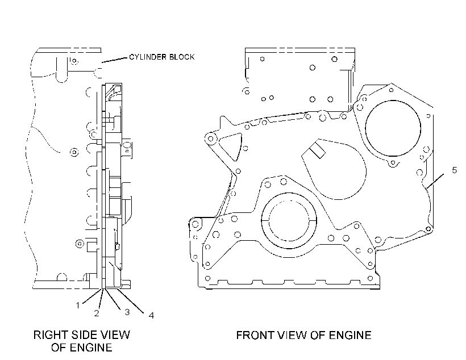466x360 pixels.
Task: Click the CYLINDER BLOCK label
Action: pos(162,57)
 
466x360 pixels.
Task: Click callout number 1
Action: pos(78,305)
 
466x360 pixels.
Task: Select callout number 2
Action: pos(97,313)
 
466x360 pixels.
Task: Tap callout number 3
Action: pos(127,312)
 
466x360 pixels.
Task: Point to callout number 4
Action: pos(151,316)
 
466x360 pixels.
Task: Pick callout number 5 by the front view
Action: pos(455,170)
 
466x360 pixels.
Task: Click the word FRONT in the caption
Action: pos(255,336)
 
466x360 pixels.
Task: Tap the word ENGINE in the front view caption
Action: pos(350,336)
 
